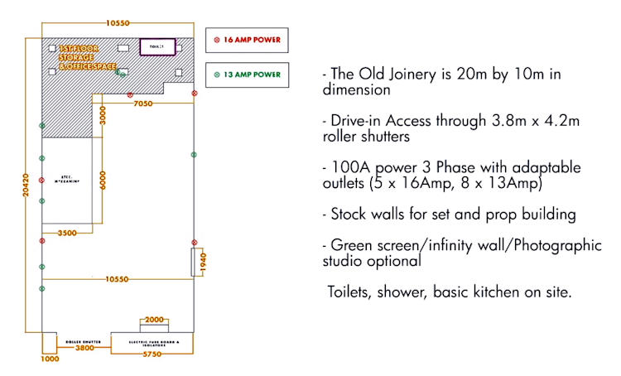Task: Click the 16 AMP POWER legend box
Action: click(246, 39)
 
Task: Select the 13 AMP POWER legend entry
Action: click(246, 75)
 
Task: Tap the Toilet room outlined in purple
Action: click(157, 46)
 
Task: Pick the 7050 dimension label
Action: click(143, 104)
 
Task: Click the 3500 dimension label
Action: click(67, 234)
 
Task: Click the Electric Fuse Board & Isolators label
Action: click(155, 341)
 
